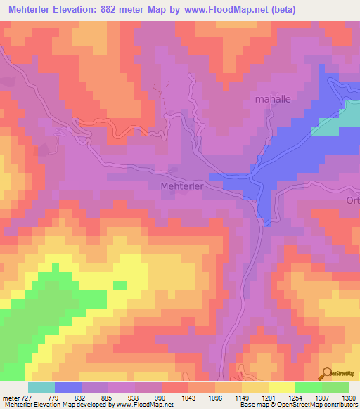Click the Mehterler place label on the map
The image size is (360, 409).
pyautogui.click(x=182, y=186)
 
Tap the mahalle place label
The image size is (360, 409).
pyautogui.click(x=273, y=99)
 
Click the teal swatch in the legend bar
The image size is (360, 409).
pyautogui.click(x=41, y=387)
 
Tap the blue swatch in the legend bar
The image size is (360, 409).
pyautogui.click(x=68, y=387)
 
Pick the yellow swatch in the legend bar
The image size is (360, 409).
pyautogui.click(x=282, y=387)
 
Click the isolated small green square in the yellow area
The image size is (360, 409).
pyautogui.click(x=120, y=285)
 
